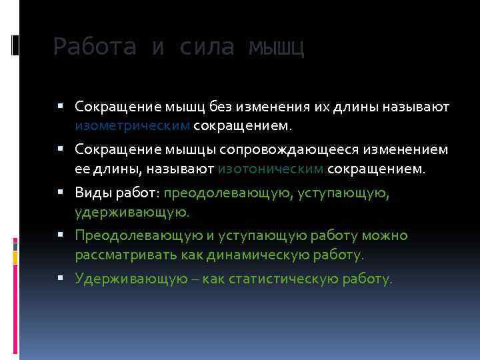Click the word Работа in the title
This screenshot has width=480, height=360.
pos(95,47)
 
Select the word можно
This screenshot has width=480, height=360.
pos(389,235)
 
